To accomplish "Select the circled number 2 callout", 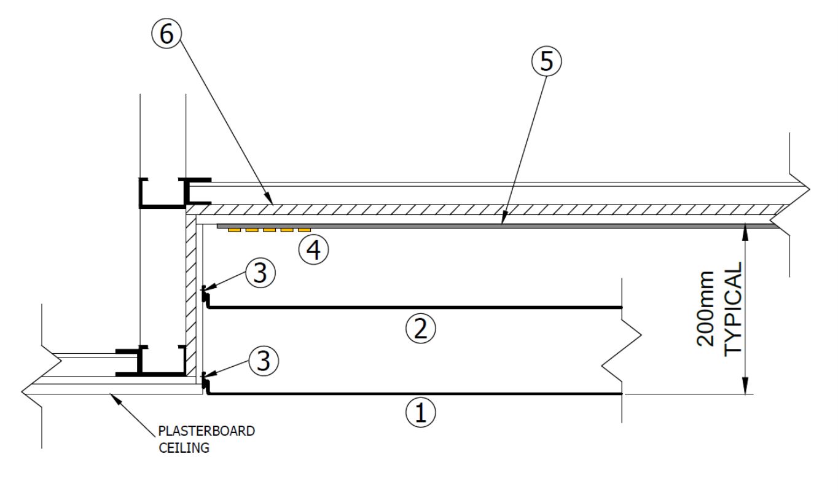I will click(x=420, y=329).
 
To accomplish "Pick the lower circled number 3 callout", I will click(x=263, y=361).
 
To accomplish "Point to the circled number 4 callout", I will click(x=313, y=249).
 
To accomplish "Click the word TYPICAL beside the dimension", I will click(x=734, y=308).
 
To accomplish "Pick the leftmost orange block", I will click(x=233, y=230).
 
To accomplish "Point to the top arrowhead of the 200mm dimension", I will click(x=746, y=229).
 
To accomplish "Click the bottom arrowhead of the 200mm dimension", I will click(x=746, y=388).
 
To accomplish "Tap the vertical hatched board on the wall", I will click(x=190, y=295).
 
